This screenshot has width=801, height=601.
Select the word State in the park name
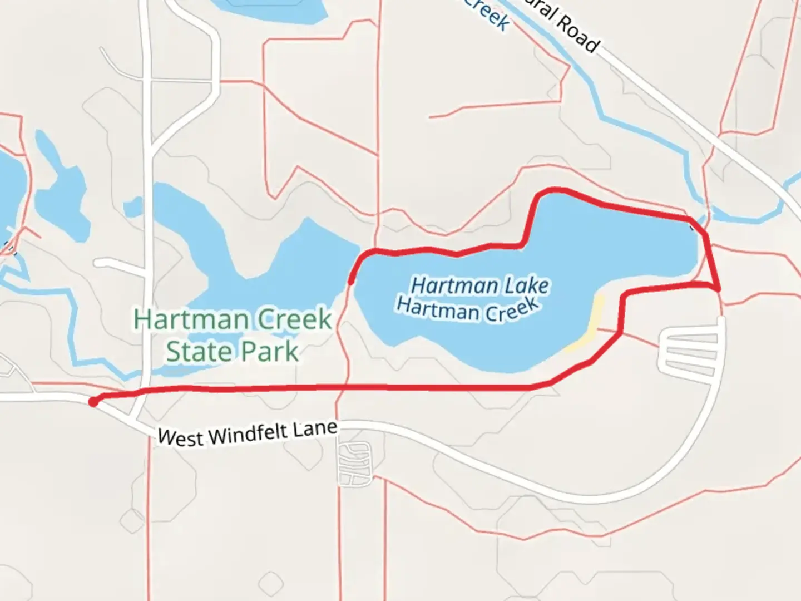[x=191, y=352]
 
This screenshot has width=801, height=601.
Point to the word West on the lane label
[x=180, y=437]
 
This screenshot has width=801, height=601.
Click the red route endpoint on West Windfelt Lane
[x=93, y=402]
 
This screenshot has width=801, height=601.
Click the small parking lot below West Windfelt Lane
[x=354, y=462]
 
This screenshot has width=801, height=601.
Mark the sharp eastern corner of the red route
[x=719, y=289]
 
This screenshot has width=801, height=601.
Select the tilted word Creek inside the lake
[x=512, y=311]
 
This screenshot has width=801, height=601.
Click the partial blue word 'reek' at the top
[x=487, y=13]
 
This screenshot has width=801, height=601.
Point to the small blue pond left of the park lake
[x=133, y=207]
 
